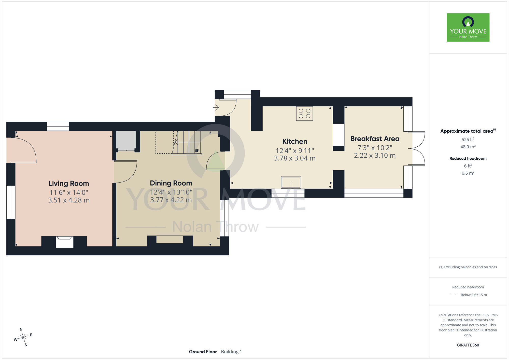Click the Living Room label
click(69, 183)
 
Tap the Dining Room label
click(171, 183)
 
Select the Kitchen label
click(295, 141)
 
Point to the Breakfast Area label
click(375, 139)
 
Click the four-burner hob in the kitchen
click(305, 114)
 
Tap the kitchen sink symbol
click(291, 183)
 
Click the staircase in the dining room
click(187, 143)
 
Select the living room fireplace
click(64, 242)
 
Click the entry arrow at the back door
click(216, 107)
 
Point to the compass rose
click(23, 337)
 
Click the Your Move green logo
click(468, 27)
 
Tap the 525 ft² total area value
click(468, 140)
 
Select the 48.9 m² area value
click(468, 147)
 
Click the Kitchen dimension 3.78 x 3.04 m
click(295, 158)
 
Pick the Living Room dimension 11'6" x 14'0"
click(69, 192)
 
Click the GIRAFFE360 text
click(468, 345)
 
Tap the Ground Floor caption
click(203, 352)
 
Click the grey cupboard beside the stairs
click(126, 140)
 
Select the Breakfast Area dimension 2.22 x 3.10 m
click(375, 156)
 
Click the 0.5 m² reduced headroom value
click(468, 173)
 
